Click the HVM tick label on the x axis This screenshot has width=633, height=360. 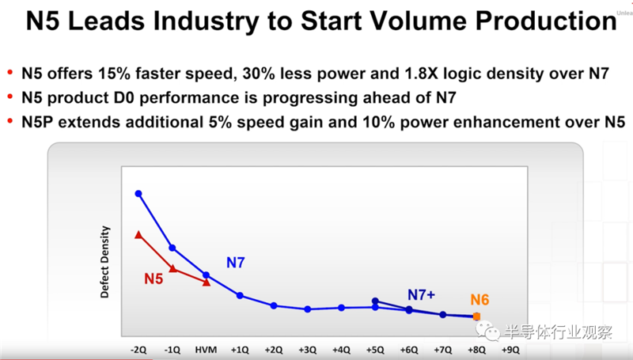206,348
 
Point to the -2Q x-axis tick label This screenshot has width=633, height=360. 138,348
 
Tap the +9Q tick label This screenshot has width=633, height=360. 510,348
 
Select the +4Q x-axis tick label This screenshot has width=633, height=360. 341,348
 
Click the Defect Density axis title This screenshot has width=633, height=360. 104,262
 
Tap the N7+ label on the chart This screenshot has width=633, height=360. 423,295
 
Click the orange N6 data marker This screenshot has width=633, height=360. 476,316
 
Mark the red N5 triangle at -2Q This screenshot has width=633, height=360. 138,234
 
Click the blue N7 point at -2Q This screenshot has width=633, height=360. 138,193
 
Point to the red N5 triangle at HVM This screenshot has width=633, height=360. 207,282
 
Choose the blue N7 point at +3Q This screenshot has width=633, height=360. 307,309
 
